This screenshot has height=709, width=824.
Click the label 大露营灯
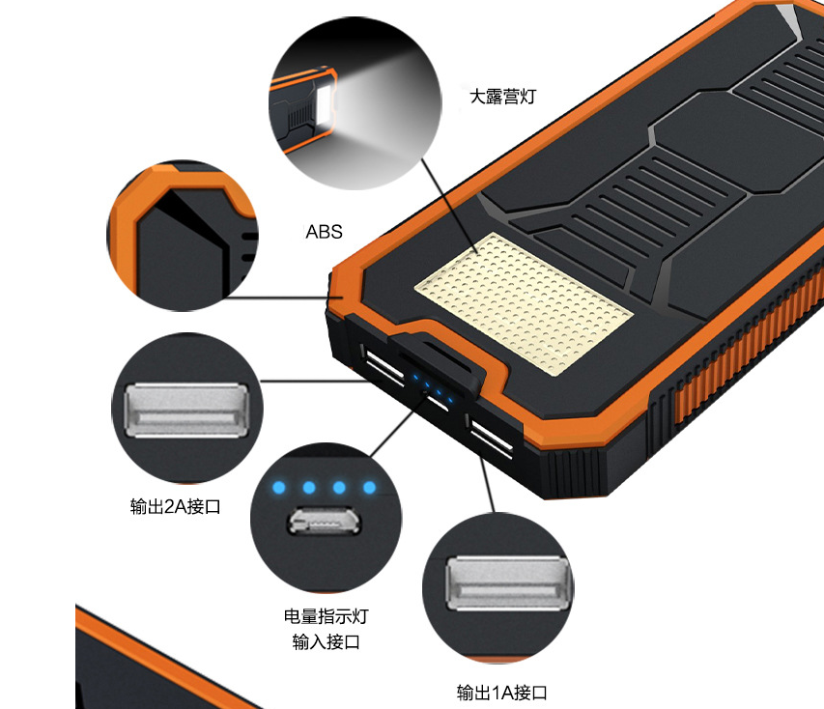tap(502, 97)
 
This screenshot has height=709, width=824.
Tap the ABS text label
tap(325, 232)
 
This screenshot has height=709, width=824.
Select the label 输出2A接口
tap(176, 507)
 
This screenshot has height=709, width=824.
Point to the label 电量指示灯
tap(327, 616)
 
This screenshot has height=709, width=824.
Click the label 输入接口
tap(327, 641)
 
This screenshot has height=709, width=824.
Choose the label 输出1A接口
tap(502, 693)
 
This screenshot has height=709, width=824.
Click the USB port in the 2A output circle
tap(186, 411)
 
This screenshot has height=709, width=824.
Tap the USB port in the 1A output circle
tap(508, 583)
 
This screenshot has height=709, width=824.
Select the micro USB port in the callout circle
tap(325, 521)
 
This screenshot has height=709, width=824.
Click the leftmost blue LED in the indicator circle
tap(278, 488)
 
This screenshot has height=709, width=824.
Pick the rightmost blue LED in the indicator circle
tap(369, 488)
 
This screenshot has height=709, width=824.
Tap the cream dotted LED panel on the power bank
tap(524, 303)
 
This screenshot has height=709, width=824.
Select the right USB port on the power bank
tap(491, 437)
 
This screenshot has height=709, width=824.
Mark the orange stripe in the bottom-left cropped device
tap(167, 657)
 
